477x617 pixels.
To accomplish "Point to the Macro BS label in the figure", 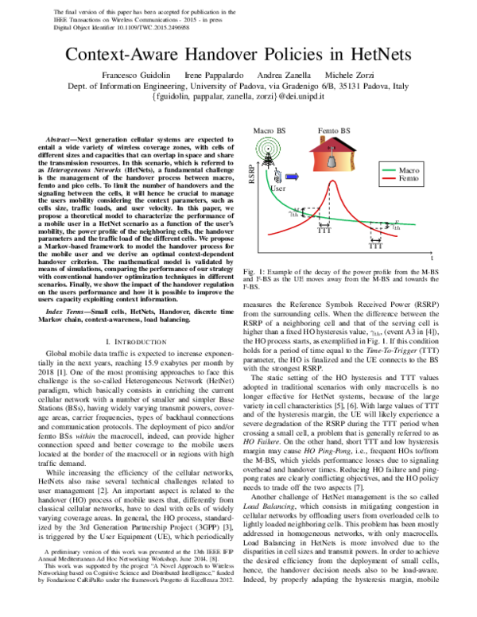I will pos(269,130).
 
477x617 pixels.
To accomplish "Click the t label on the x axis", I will pos(432,258).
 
